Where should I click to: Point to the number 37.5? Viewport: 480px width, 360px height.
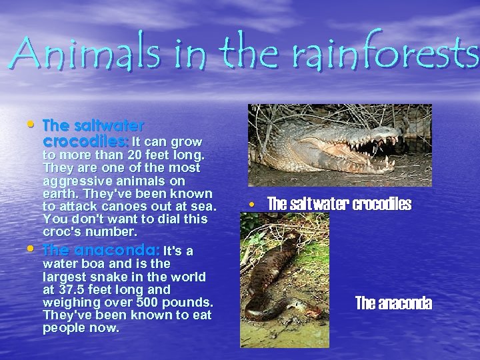[74, 290]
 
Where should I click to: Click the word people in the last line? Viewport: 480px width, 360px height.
[63, 328]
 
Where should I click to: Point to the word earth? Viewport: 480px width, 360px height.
[59, 193]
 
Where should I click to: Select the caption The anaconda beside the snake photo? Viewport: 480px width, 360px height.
[393, 304]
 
